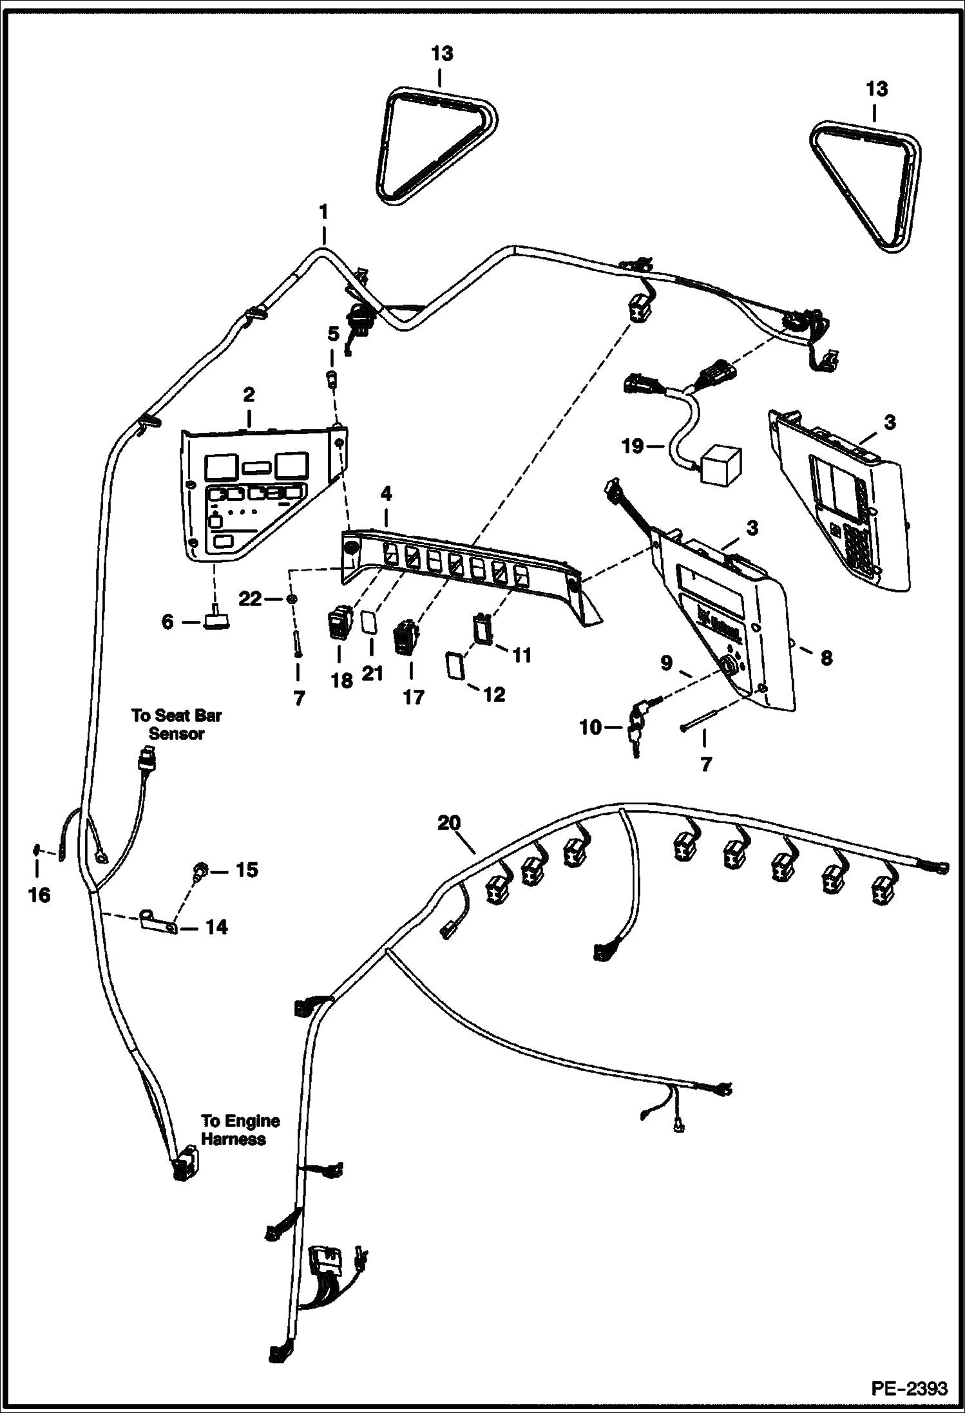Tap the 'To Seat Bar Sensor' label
pyautogui.click(x=177, y=725)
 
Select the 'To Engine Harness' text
pyautogui.click(x=240, y=1130)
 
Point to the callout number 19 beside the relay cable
pyautogui.click(x=633, y=445)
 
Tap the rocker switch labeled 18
pyautogui.click(x=341, y=625)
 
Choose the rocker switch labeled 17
pyautogui.click(x=406, y=637)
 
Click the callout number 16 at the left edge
pyautogui.click(x=39, y=895)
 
